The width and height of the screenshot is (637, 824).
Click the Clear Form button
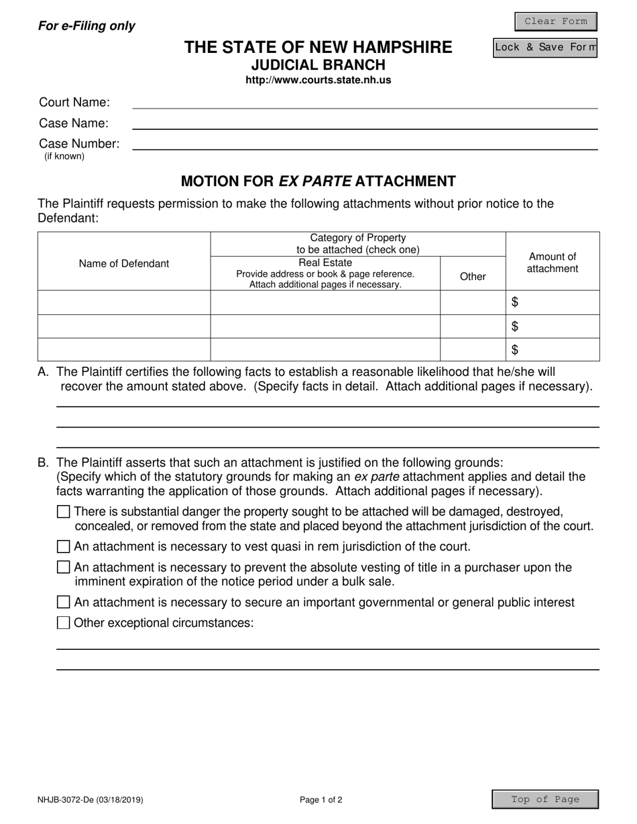coord(555,21)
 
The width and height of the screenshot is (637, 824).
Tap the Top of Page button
coord(545,799)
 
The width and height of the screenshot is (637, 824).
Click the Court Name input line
coord(365,102)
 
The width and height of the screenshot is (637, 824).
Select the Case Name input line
coord(365,123)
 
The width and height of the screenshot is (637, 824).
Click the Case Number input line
coord(365,143)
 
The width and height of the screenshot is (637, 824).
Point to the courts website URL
coord(318,80)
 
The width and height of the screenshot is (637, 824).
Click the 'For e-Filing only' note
coord(86,26)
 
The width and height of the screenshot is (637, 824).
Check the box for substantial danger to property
coord(64,512)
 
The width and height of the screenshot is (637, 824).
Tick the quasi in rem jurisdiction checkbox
coord(64,546)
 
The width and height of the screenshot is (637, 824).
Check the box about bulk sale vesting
coord(64,567)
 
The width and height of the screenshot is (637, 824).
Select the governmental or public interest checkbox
coord(64,602)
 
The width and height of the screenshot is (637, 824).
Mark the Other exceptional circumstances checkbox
coord(64,623)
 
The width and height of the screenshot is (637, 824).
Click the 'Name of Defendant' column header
coord(124,263)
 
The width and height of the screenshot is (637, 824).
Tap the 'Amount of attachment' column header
coord(552,263)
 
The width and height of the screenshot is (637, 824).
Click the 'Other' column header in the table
coord(473,276)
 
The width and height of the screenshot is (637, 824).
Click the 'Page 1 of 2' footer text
coord(321,799)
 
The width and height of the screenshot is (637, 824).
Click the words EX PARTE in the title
coord(314,181)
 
